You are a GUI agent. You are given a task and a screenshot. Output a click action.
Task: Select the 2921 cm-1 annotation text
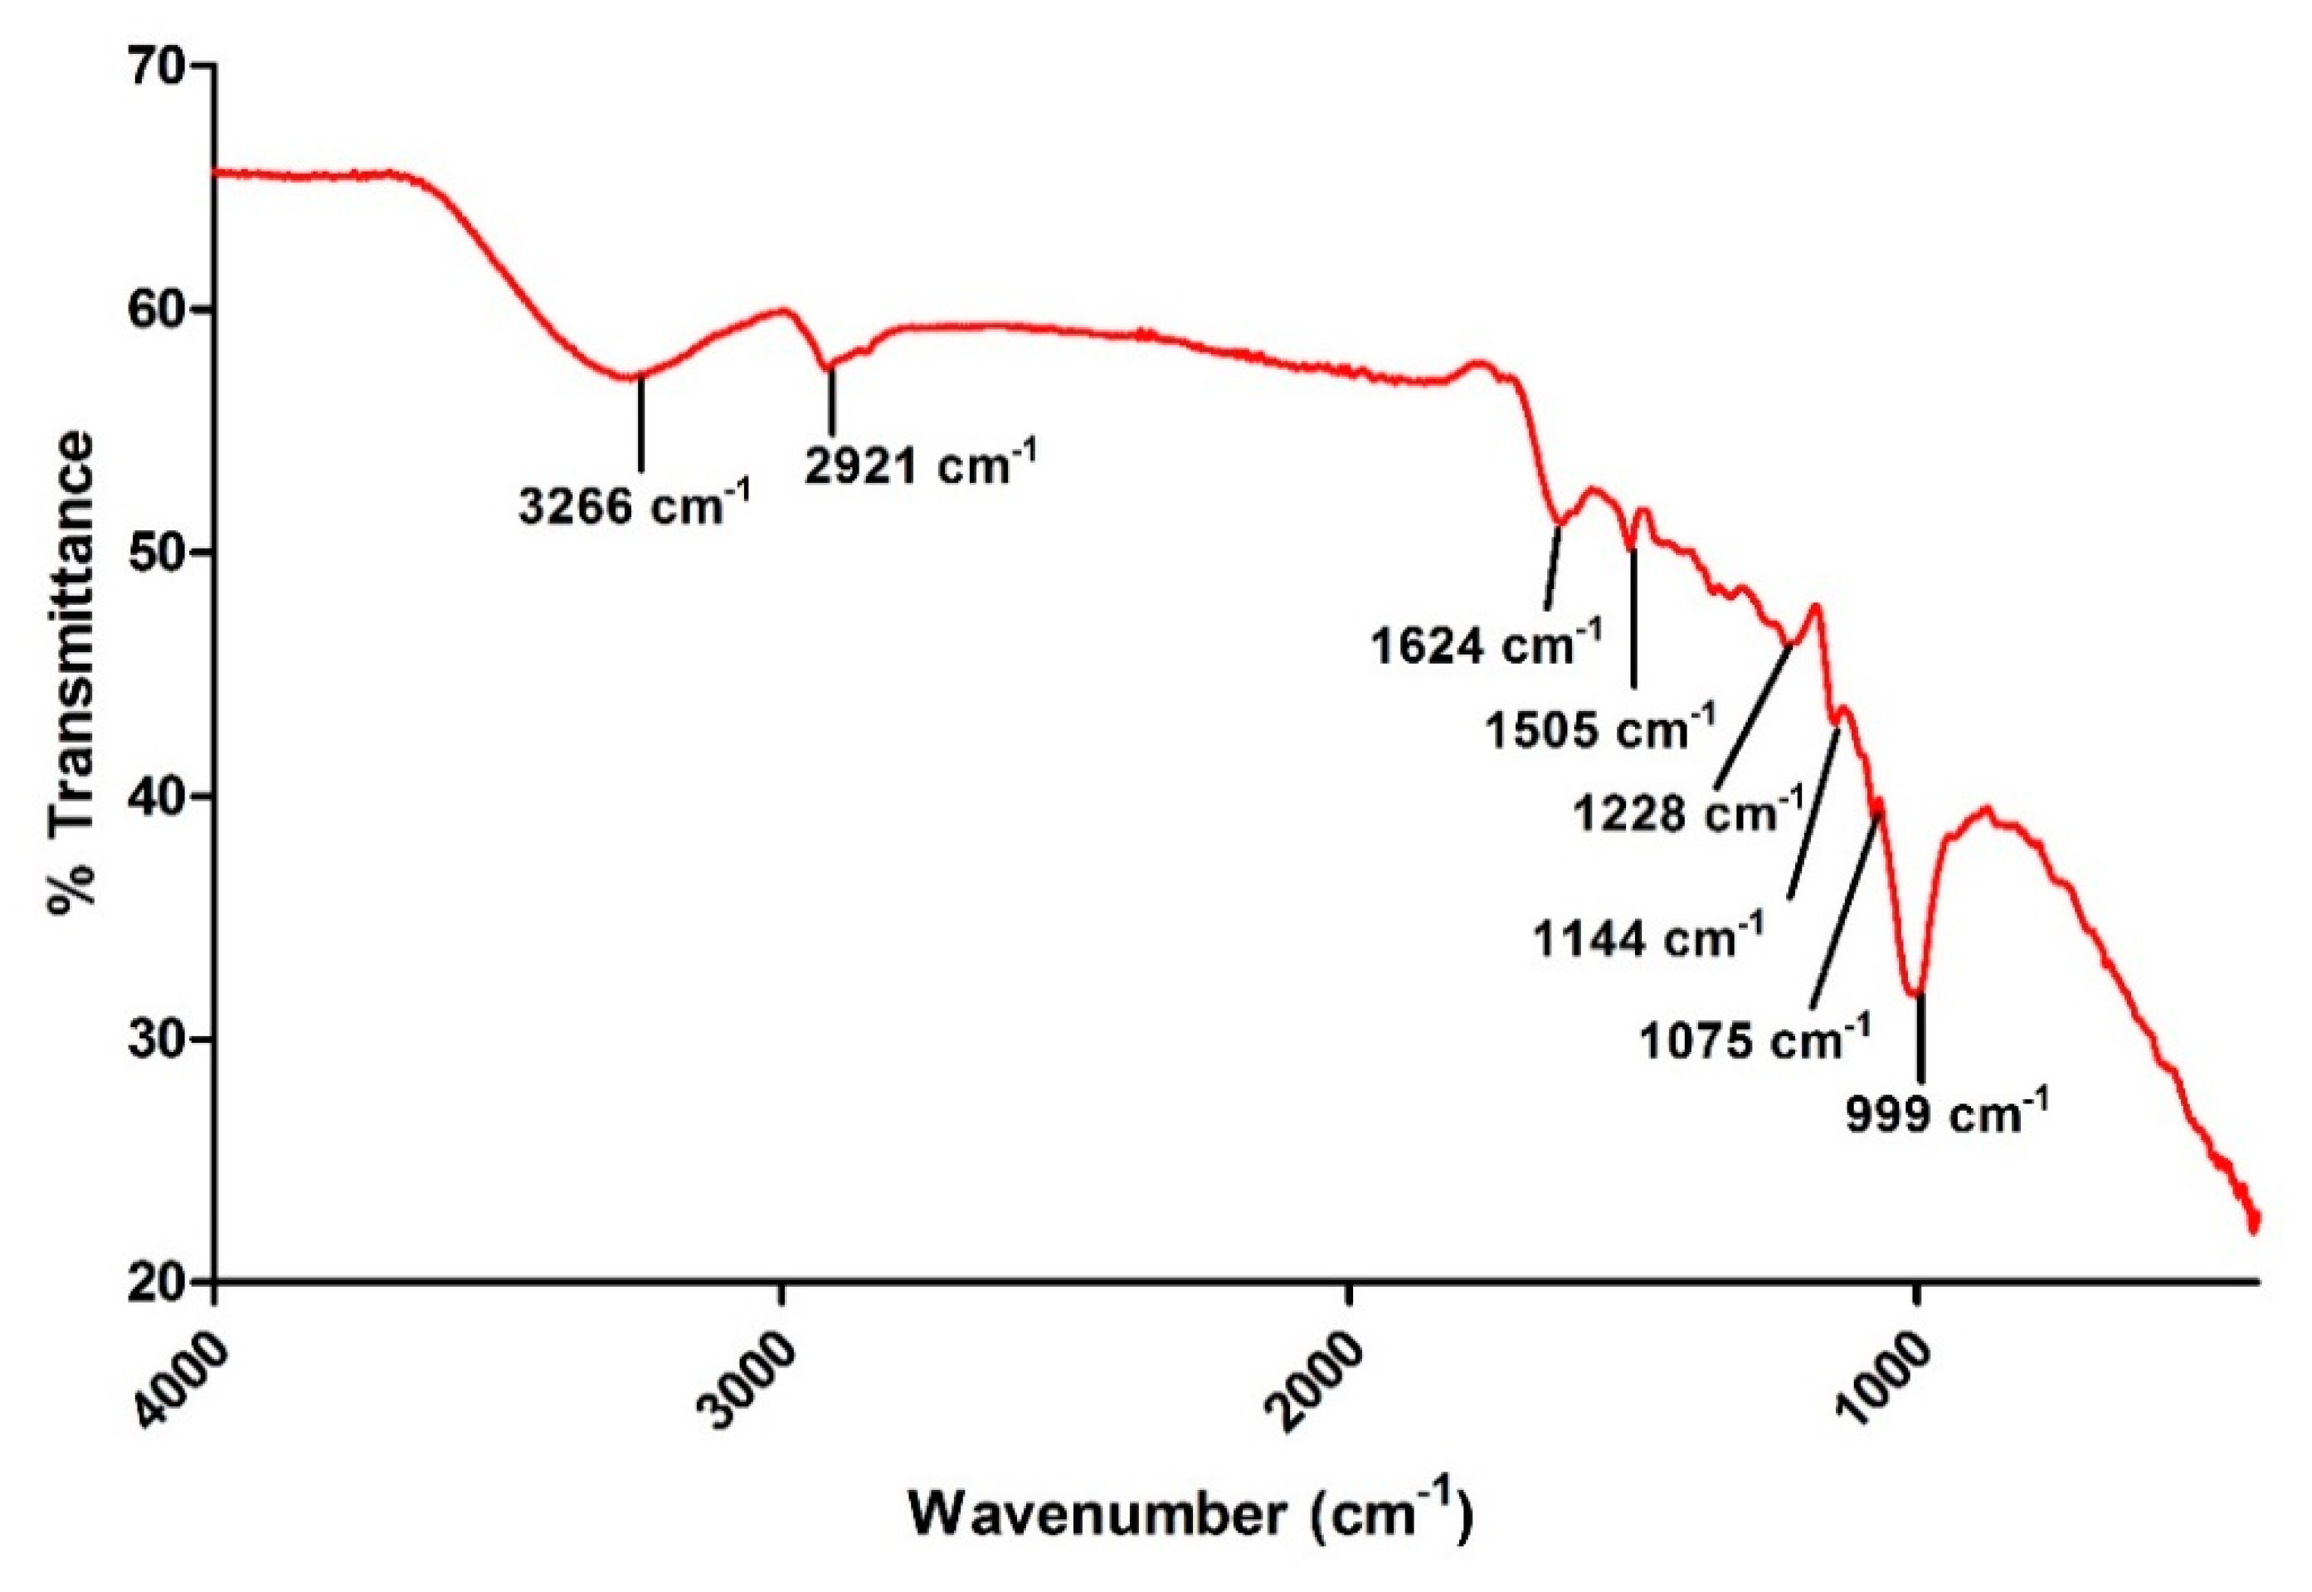(x=920, y=464)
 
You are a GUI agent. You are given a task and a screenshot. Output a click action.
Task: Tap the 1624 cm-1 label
(x=1485, y=645)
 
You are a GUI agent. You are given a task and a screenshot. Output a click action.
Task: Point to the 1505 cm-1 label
(x=1600, y=729)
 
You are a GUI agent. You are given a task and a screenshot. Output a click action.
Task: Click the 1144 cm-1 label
(x=1648, y=937)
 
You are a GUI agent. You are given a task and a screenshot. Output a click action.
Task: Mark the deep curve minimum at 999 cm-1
(x=1915, y=994)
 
